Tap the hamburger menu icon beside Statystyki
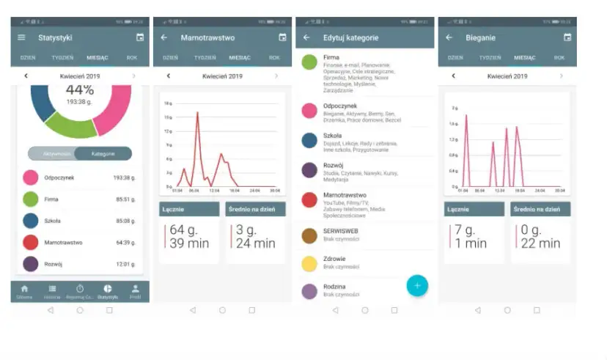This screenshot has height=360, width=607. (21, 37)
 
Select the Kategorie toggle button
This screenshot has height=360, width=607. (103, 153)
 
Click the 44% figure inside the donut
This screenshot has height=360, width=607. (80, 89)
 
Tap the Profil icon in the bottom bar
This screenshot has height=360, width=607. (136, 291)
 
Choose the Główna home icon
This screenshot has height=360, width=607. (24, 291)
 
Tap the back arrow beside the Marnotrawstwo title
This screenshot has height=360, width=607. (163, 37)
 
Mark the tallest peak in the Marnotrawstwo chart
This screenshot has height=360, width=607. (197, 113)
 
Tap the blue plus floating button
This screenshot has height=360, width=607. (417, 285)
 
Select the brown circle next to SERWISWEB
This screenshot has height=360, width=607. (309, 235)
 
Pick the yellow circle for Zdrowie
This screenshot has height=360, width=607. (309, 263)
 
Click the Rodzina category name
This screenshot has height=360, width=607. (334, 286)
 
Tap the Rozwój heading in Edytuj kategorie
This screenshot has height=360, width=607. (334, 165)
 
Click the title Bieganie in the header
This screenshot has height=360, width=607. (480, 37)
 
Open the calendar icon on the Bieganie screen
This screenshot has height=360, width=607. (567, 37)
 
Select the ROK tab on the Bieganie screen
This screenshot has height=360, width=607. (559, 57)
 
